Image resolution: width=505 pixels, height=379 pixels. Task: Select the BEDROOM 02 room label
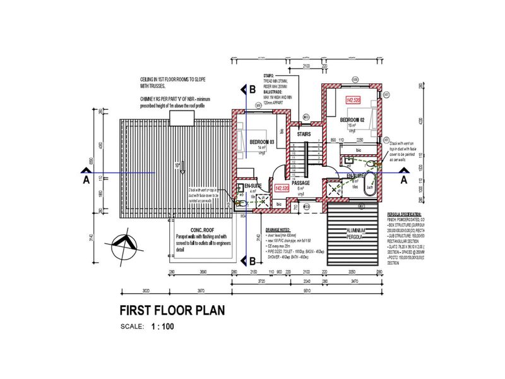352,119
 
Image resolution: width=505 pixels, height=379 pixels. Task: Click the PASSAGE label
300,183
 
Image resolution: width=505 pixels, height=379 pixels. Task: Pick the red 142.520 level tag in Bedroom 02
352,100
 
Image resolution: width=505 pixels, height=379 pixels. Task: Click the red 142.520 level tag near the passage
282,188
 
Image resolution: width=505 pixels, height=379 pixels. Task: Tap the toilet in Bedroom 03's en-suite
241,203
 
